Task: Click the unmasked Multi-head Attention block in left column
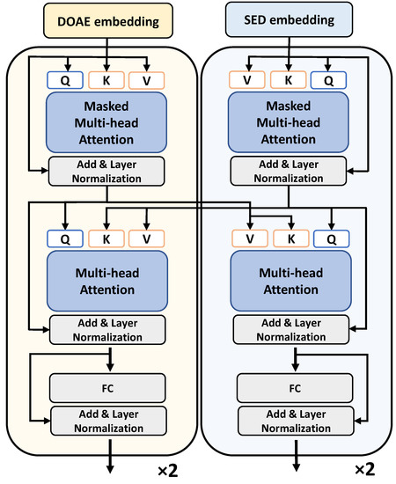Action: (107, 280)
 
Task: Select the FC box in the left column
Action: (107, 386)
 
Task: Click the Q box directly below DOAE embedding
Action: (64, 80)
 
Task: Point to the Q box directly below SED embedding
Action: (331, 80)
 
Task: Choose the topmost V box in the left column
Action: (147, 80)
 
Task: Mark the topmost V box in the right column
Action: (248, 80)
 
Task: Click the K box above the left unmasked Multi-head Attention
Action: (106, 238)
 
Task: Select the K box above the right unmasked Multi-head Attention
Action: (290, 238)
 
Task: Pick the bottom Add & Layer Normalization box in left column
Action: (107, 422)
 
